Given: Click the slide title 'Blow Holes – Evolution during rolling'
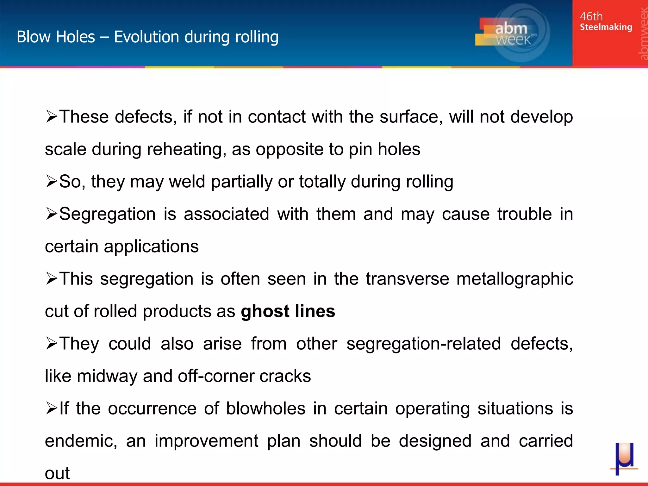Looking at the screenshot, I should (147, 37).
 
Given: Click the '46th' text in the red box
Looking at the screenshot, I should (591, 16).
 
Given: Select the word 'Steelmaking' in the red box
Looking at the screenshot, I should (606, 27).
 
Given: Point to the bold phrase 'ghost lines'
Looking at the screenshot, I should (288, 311).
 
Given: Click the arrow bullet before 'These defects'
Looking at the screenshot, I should (52, 116).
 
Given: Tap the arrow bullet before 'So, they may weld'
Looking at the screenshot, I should (52, 181).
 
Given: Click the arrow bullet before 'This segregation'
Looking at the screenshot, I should (52, 278).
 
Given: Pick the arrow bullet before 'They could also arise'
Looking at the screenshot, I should (52, 343).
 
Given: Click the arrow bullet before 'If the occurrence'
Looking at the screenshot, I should (52, 408).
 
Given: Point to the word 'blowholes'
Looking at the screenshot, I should (265, 408).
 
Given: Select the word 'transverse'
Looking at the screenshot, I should (407, 279).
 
